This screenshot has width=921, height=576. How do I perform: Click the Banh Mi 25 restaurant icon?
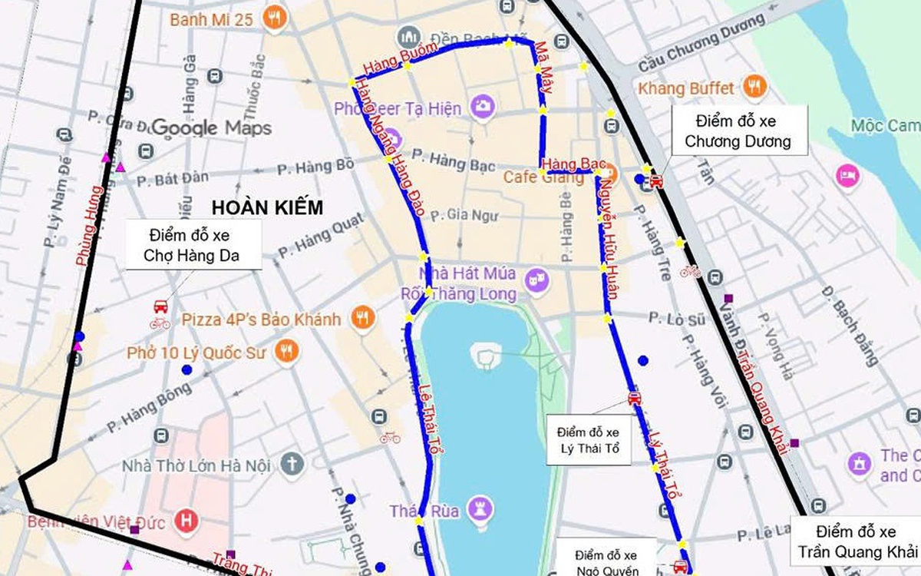(272, 18)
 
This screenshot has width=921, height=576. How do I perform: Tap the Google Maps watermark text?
(212, 127)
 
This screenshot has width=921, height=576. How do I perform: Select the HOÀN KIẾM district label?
(267, 207)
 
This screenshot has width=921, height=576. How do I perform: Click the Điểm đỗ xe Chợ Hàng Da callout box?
(194, 244)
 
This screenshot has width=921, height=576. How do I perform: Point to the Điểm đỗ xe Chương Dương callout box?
(738, 131)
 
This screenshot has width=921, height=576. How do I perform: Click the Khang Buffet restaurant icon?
(755, 88)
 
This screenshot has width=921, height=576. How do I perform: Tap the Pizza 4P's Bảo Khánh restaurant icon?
(362, 318)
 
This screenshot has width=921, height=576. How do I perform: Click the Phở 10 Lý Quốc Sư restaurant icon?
(287, 352)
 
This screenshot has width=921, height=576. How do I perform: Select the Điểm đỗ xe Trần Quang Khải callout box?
(857, 541)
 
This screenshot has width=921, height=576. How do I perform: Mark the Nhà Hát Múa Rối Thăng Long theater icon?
(538, 281)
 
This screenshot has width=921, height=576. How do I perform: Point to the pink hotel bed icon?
(848, 175)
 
